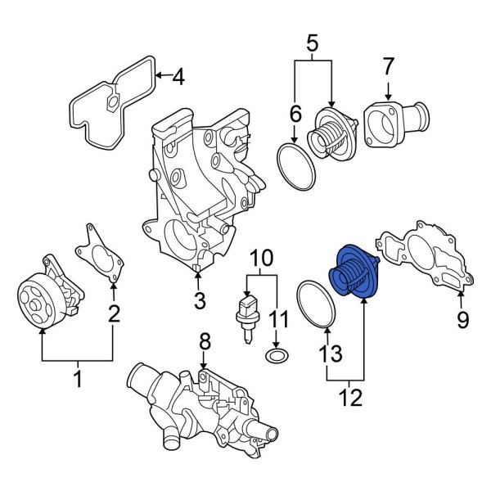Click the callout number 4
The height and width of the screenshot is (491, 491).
click(x=178, y=79)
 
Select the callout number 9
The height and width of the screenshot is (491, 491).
click(x=463, y=319)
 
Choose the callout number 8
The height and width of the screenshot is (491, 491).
click(x=205, y=340)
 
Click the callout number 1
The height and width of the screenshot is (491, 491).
click(x=79, y=378)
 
